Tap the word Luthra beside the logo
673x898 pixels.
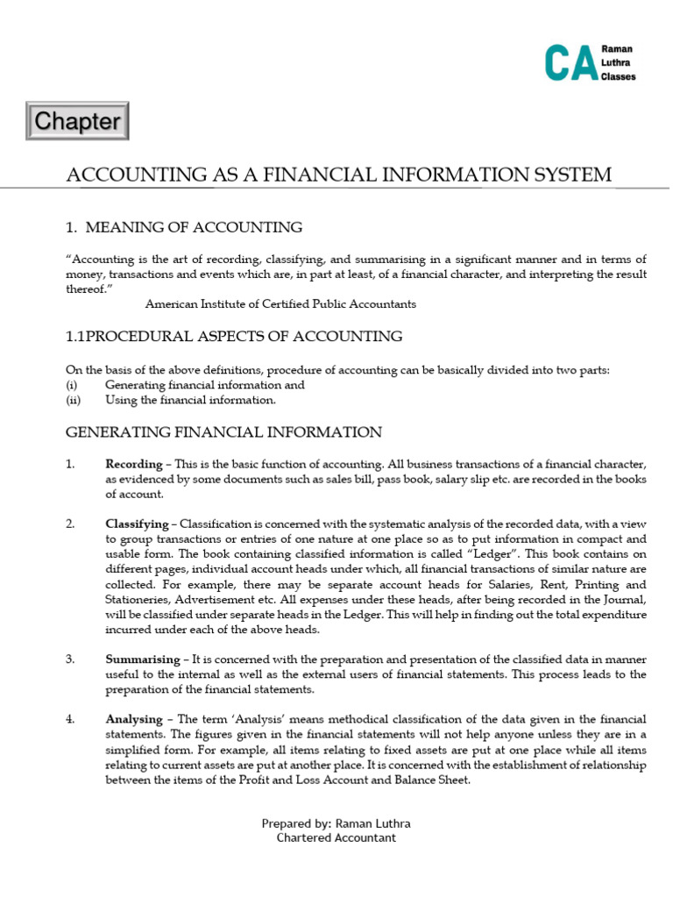[617, 64]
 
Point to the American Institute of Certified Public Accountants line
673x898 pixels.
[280, 304]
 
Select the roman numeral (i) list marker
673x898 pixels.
[72, 385]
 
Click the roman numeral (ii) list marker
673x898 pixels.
[73, 400]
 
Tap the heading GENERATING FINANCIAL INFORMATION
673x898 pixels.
[224, 432]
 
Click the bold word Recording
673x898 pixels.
[133, 463]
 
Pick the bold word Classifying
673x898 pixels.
[136, 524]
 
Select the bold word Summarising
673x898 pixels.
[139, 658]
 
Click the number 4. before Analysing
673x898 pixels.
[70, 719]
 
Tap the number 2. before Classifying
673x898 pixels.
[70, 524]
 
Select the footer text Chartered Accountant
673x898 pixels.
[336, 837]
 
